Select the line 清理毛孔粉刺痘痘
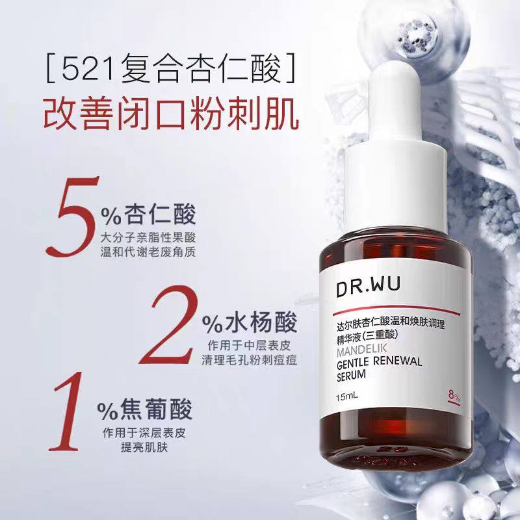tap(249, 358)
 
